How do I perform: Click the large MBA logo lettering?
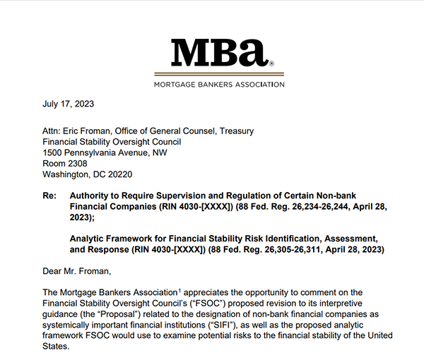click(218, 54)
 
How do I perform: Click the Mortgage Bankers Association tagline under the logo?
click(218, 84)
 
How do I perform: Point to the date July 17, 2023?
click(69, 104)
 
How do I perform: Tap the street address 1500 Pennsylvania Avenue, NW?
click(105, 152)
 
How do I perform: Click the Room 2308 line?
click(65, 163)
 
